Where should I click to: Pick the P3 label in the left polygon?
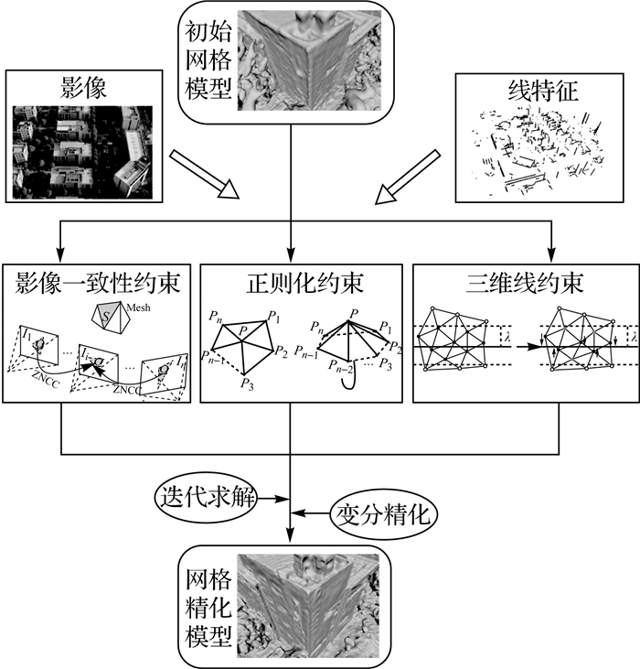(248, 385)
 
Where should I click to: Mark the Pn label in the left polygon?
(215, 317)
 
